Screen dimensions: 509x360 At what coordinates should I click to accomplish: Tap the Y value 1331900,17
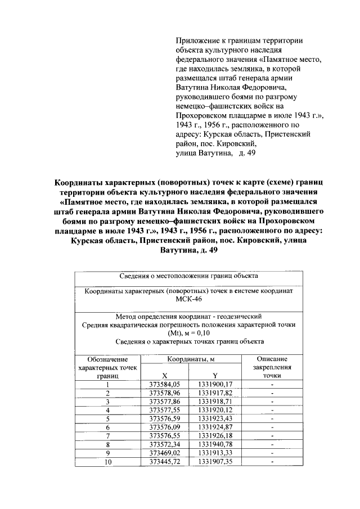pos(215,384)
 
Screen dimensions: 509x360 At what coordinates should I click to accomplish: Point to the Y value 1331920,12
pos(215,410)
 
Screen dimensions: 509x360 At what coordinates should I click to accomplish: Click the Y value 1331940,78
pos(215,445)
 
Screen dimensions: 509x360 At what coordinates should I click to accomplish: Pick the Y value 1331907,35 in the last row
pos(215,462)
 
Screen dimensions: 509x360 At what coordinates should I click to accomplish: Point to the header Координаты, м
pos(188,359)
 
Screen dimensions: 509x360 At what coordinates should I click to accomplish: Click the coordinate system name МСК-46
pos(188,300)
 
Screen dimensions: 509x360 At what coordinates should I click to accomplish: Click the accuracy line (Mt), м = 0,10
pos(188,333)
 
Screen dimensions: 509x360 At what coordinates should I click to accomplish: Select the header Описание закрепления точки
pos(272,367)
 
